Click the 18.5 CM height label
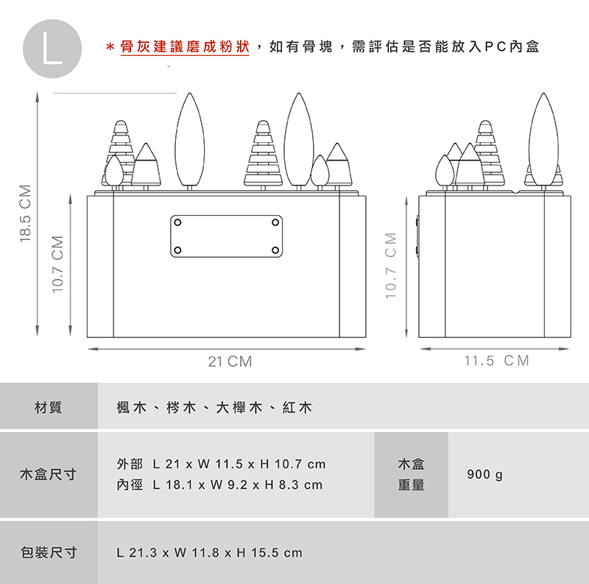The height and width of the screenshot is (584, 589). click(26, 213)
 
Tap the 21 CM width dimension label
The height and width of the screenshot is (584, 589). click(230, 362)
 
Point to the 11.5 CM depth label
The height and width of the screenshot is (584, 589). click(496, 361)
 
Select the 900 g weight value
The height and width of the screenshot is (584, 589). click(484, 475)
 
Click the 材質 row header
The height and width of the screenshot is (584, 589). click(49, 407)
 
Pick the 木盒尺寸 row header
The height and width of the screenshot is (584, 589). click(49, 475)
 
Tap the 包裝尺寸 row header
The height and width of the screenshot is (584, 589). click(49, 552)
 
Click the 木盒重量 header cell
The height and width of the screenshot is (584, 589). click(411, 475)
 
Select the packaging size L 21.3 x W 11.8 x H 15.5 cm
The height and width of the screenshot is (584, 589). click(210, 552)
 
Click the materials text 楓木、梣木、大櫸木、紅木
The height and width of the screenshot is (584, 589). click(214, 407)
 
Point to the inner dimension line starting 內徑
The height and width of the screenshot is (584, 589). click(219, 485)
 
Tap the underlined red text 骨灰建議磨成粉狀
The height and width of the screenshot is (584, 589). click(185, 48)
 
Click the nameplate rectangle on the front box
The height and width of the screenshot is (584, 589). click(226, 236)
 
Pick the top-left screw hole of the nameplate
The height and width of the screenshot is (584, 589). click(177, 222)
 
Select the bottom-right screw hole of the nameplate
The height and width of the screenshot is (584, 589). click(275, 251)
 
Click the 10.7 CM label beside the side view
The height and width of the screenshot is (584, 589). click(391, 266)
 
